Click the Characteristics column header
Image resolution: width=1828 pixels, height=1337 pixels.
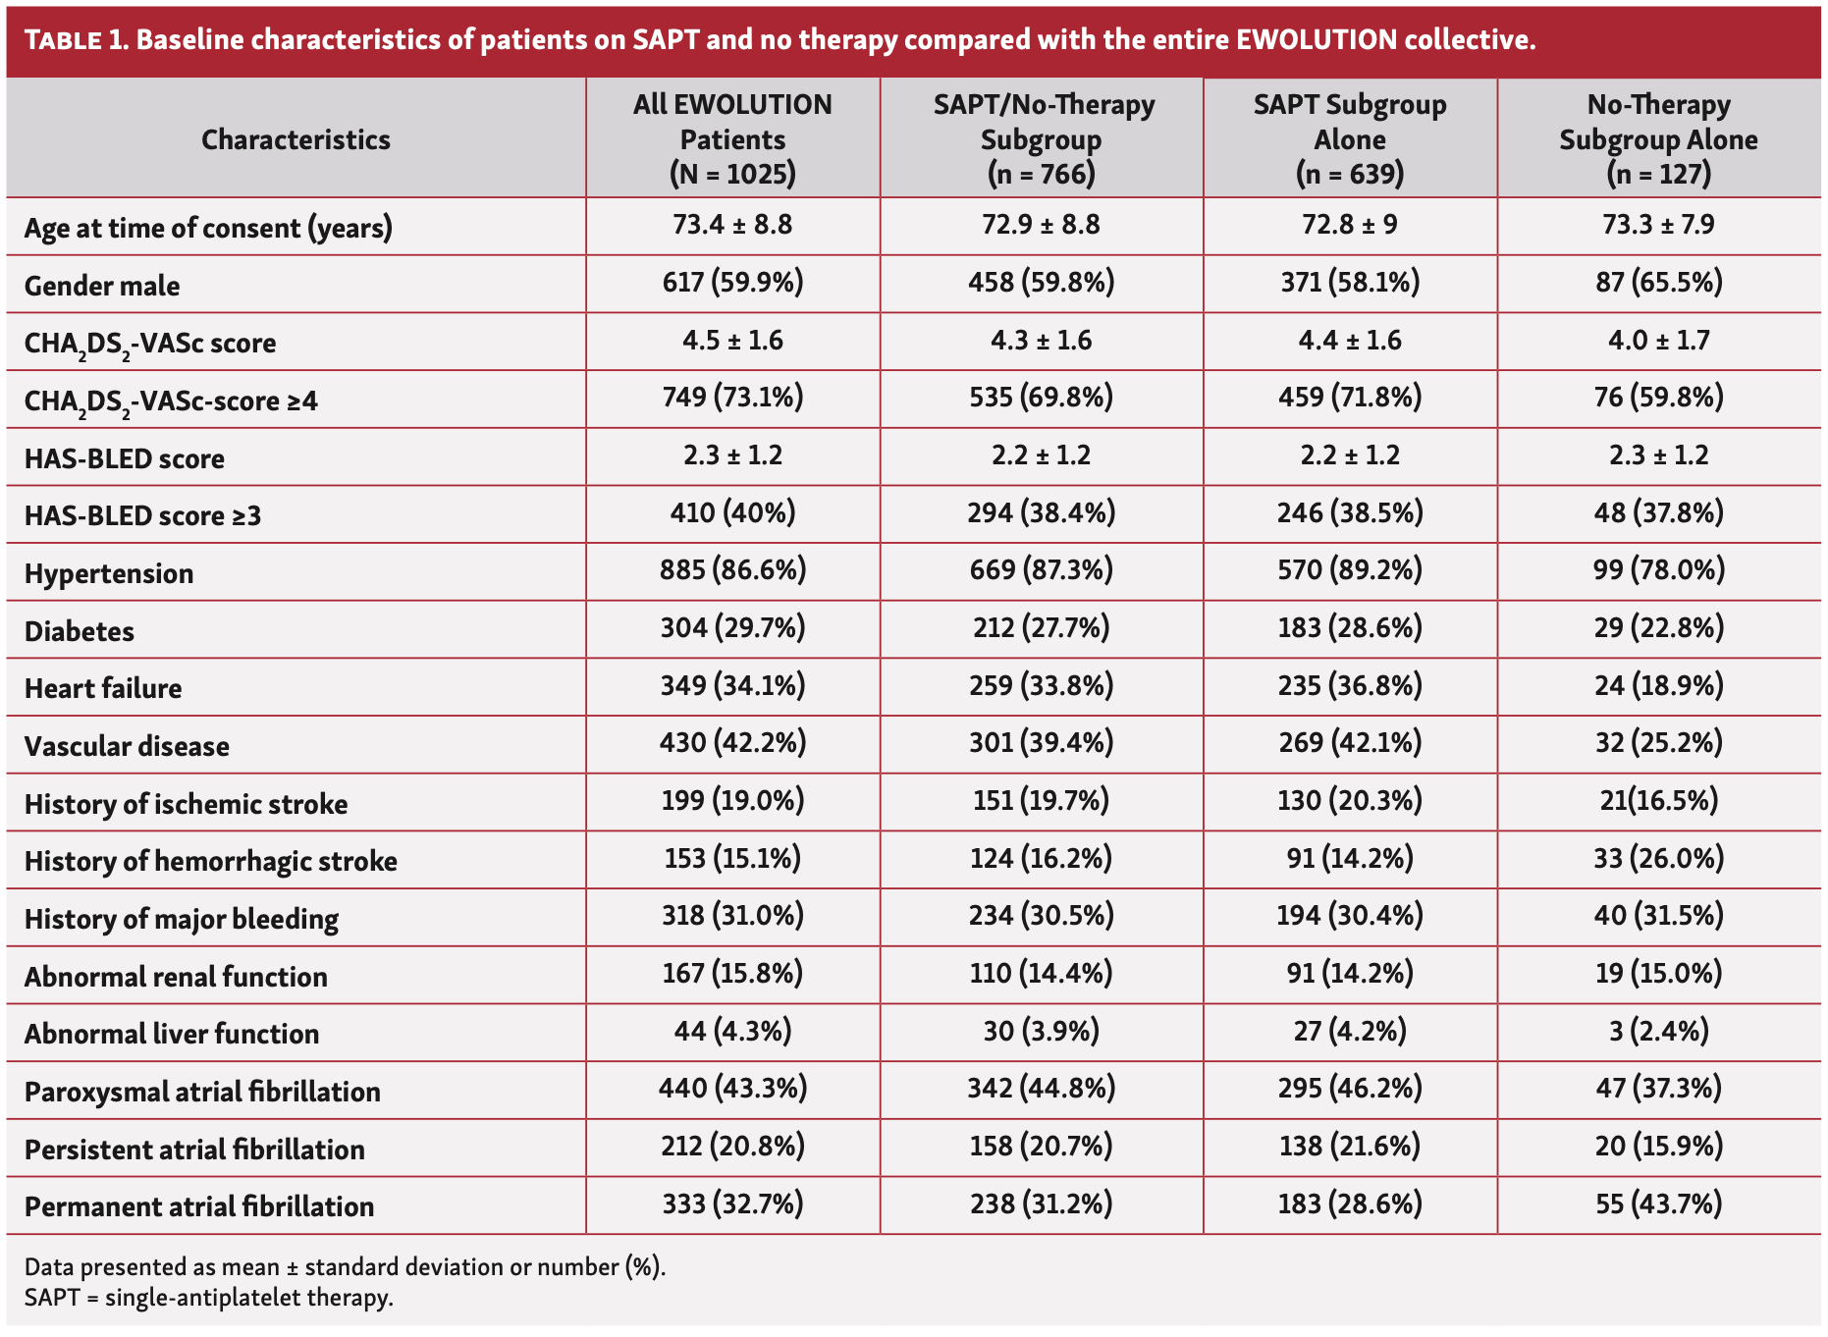coord(296,139)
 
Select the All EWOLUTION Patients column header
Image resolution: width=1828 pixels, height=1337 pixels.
coord(732,138)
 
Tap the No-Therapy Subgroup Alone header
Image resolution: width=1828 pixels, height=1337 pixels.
coord(1658,138)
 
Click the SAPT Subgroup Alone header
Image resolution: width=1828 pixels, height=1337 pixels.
coord(1349,138)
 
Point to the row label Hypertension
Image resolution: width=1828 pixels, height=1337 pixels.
coord(109,573)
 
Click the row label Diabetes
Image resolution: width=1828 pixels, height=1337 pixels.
coord(80,631)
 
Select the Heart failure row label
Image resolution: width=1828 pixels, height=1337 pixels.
coord(103,688)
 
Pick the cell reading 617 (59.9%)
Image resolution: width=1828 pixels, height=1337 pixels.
coord(732,283)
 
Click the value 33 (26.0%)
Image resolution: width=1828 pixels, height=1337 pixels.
coord(1658,859)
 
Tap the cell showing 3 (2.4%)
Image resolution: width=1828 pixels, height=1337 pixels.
coord(1658,1031)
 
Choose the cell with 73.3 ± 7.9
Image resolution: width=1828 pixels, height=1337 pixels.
coord(1658,225)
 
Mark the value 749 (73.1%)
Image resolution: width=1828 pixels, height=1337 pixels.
coord(732,398)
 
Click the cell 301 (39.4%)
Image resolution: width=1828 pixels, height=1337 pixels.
coord(1041,743)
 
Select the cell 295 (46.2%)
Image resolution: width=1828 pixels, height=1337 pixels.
coord(1349,1089)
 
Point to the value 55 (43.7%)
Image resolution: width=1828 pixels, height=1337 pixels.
coord(1658,1203)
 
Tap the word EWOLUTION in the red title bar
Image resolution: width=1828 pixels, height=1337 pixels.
coord(1316,40)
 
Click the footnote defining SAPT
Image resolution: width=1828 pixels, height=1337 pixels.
coord(208,1298)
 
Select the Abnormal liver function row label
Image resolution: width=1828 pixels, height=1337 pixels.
coord(172,1034)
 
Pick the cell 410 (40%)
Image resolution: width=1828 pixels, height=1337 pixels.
coord(732,512)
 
